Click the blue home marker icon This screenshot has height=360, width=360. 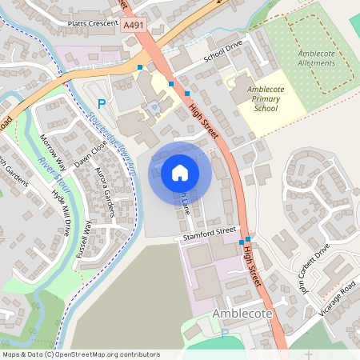click(x=180, y=172)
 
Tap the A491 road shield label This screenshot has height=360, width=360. click(x=134, y=26)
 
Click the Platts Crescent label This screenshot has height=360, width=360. click(x=93, y=23)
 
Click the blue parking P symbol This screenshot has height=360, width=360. click(x=102, y=103)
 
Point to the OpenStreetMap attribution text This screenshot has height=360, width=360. click(x=81, y=354)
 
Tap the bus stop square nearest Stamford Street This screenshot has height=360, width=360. click(x=247, y=239)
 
